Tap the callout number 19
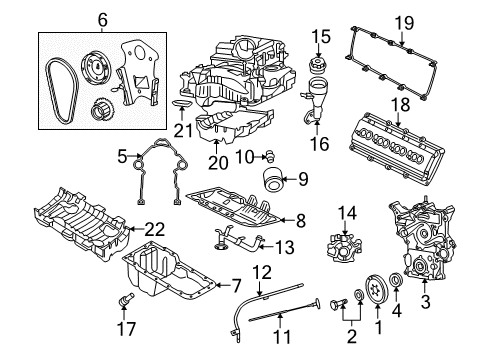pos(403,21)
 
